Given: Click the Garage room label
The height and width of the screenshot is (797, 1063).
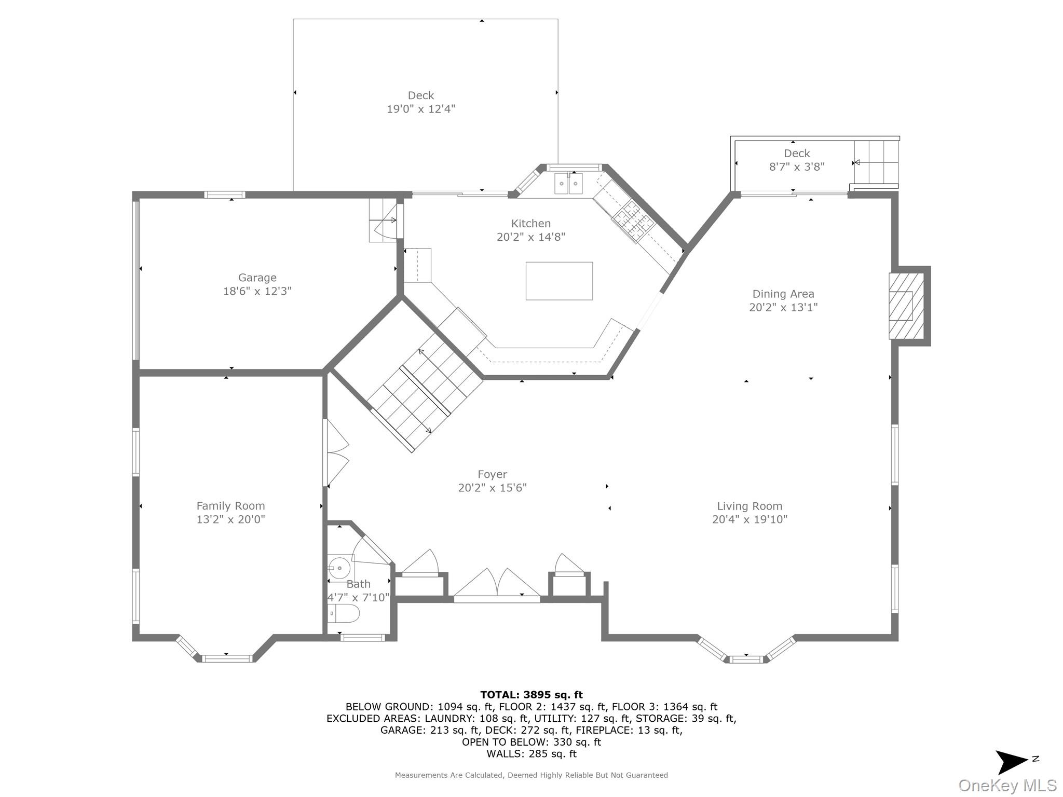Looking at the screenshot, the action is point(257,278).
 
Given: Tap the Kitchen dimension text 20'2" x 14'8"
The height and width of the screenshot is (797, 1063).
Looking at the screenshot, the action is point(531,237).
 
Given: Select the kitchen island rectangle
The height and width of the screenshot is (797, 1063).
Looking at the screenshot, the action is point(559,281).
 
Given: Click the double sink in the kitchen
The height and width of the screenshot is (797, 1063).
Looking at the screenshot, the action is point(568,183).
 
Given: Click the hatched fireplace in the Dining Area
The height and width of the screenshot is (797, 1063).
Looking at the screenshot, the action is point(906,306).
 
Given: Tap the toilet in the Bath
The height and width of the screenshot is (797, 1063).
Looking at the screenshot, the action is point(344,613).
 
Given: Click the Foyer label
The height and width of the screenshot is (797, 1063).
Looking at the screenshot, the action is point(493,474).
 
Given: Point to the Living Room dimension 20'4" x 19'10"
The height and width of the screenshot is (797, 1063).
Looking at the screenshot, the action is point(749,519).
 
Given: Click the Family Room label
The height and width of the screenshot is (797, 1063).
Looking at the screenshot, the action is point(230,506).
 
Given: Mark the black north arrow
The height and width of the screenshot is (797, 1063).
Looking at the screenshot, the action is point(1012,762).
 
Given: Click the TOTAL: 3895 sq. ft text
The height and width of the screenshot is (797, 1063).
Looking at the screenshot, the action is point(531,695).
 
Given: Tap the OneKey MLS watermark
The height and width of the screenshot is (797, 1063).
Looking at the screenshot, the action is point(1007,786).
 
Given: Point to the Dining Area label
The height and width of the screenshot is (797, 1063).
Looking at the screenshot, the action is point(783,294).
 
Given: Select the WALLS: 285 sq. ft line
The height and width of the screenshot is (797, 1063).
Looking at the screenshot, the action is point(531,754).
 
